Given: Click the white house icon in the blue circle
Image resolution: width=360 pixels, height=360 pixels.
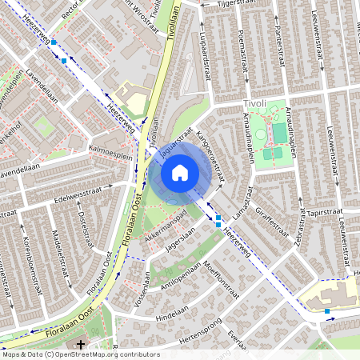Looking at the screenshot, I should click(180, 173).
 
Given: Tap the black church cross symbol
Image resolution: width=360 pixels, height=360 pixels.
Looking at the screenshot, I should click(81, 345).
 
